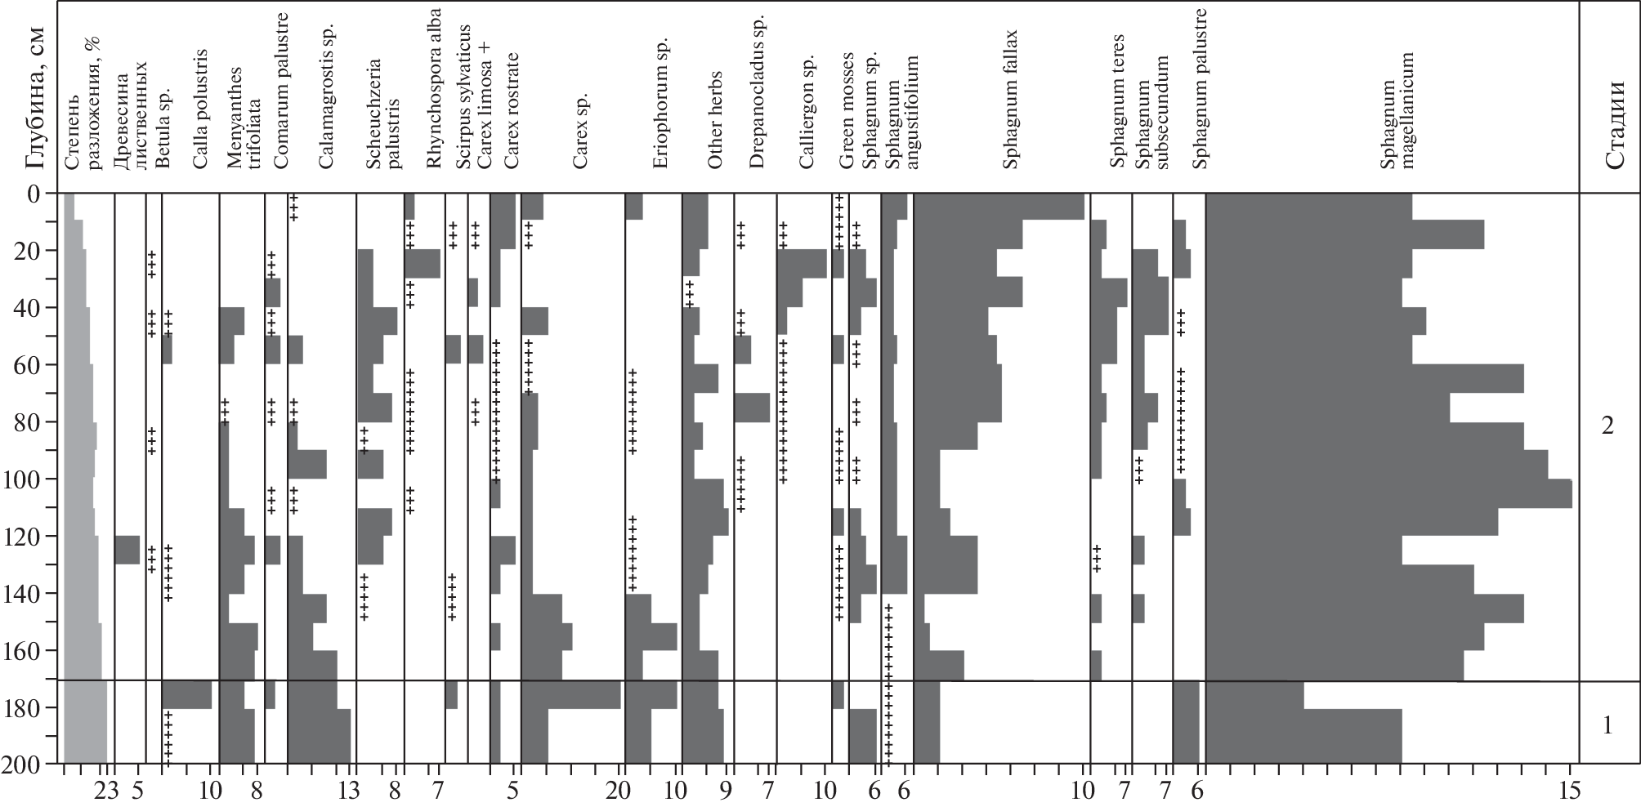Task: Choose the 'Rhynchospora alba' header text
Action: click(x=434, y=102)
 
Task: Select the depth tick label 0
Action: click(x=34, y=194)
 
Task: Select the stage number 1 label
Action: click(x=1607, y=725)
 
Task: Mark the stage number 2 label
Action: click(x=1607, y=426)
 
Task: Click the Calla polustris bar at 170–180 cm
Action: click(x=187, y=694)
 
